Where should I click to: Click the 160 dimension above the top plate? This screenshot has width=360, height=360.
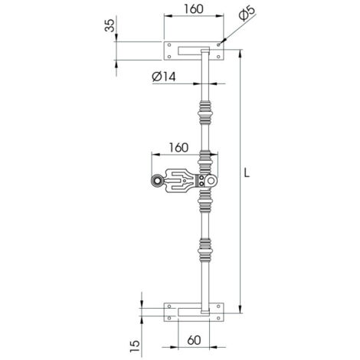click(194, 9)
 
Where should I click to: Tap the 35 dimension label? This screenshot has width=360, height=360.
click(110, 25)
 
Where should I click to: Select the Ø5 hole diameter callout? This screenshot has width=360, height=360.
click(247, 14)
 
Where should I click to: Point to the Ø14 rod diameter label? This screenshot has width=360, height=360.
click(164, 77)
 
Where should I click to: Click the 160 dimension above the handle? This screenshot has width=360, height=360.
click(178, 148)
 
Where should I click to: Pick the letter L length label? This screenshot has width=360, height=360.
click(247, 173)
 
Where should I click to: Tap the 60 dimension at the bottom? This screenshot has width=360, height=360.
click(194, 340)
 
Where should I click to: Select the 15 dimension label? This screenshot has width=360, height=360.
click(135, 346)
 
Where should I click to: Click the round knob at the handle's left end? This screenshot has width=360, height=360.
click(156, 181)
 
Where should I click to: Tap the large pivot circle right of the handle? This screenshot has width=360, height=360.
click(211, 181)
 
